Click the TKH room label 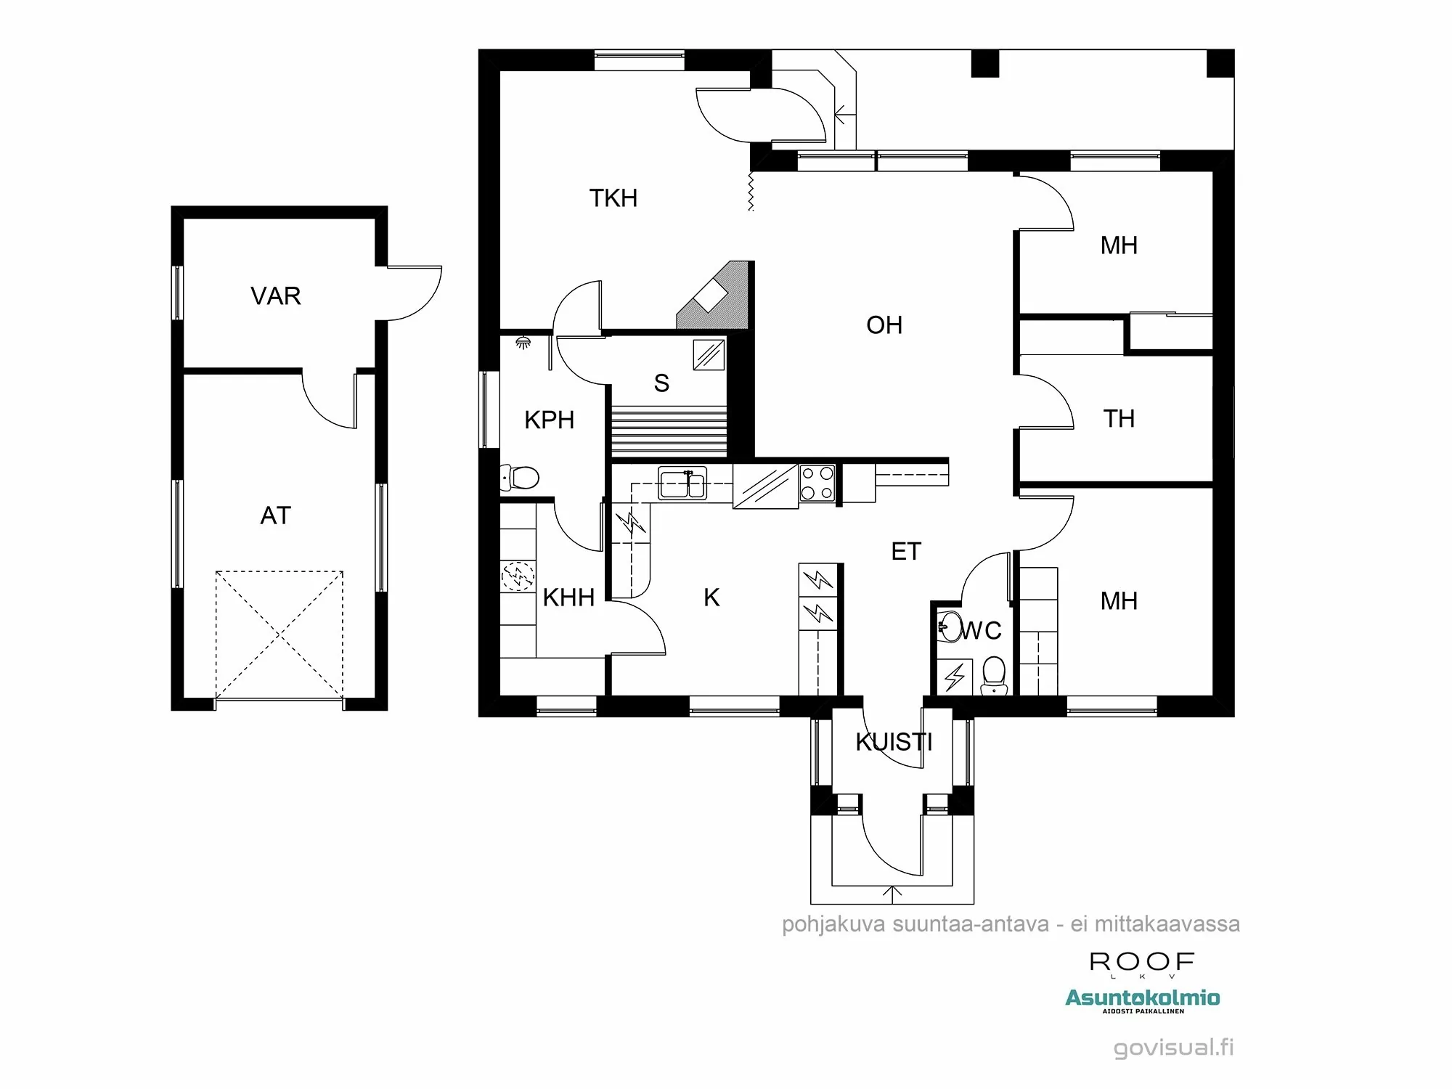(x=613, y=198)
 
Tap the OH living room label (x=884, y=325)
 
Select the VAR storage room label (x=275, y=296)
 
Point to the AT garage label (x=275, y=515)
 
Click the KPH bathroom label (x=549, y=420)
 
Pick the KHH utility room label (x=568, y=597)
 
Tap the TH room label (x=1118, y=419)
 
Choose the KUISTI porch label (x=893, y=742)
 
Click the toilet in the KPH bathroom (x=520, y=478)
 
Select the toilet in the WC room (x=993, y=674)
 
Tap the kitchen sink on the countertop (x=682, y=484)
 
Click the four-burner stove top (x=817, y=484)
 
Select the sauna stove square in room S (x=709, y=354)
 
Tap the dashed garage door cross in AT (x=280, y=635)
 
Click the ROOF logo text (x=1141, y=963)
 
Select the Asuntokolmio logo (x=1142, y=1000)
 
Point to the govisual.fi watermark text (x=1173, y=1048)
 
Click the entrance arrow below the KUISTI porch (x=892, y=892)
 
